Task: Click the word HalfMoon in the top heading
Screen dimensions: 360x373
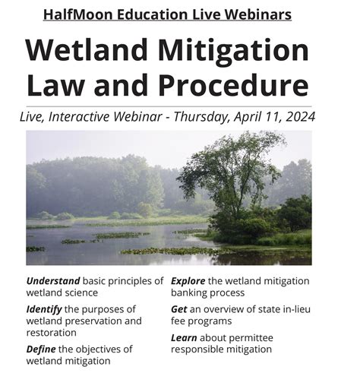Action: (78, 14)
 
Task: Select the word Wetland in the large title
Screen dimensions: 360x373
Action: (87, 50)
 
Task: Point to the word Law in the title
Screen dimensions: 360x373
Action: (55, 85)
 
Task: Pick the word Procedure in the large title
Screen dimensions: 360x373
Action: (233, 85)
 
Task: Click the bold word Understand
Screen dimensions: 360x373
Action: (53, 281)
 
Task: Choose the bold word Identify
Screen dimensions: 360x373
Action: (44, 310)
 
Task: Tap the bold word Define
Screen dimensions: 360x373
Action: (41, 349)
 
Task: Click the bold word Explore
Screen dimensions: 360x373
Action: (188, 281)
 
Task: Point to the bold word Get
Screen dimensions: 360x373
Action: (179, 309)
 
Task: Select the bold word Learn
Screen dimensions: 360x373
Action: (184, 338)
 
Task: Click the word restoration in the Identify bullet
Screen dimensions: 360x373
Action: (52, 333)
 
